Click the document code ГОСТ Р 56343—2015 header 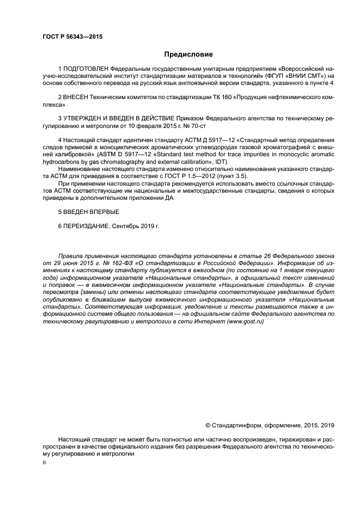(x=72, y=37)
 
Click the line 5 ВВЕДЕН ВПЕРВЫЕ (x=88, y=211)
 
